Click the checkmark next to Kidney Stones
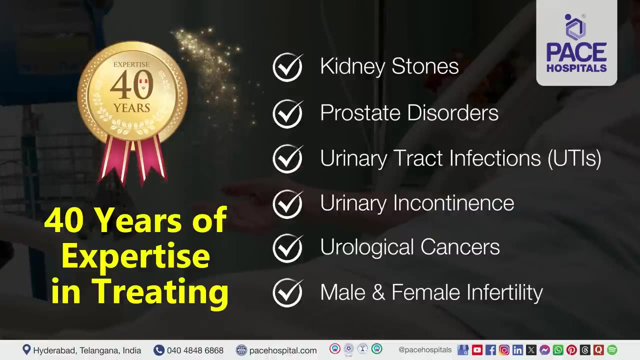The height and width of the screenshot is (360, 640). pyautogui.click(x=287, y=67)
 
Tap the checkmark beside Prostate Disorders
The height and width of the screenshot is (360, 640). pyautogui.click(x=287, y=113)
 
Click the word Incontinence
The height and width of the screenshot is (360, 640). pyautogui.click(x=453, y=203)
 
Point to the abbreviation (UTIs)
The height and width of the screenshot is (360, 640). pyautogui.click(x=574, y=158)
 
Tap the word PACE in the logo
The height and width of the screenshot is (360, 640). pyautogui.click(x=576, y=52)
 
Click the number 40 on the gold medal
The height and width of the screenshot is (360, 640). pyautogui.click(x=131, y=85)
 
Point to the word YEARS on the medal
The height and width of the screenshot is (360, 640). pyautogui.click(x=131, y=108)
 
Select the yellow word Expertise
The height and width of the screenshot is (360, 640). pyautogui.click(x=136, y=256)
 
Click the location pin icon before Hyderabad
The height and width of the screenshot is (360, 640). pyautogui.click(x=26, y=349)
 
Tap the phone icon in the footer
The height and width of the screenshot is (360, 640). pyautogui.click(x=159, y=350)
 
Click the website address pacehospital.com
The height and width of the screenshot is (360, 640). pyautogui.click(x=283, y=350)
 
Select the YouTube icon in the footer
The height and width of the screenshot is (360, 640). pyautogui.click(x=477, y=350)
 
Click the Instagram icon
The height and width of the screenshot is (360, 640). pyautogui.click(x=504, y=350)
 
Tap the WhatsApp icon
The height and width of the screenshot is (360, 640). pyautogui.click(x=558, y=350)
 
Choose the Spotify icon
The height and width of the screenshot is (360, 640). pyautogui.click(x=612, y=350)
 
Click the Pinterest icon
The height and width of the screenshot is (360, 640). pyautogui.click(x=571, y=350)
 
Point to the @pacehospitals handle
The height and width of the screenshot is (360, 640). pyautogui.click(x=425, y=350)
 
